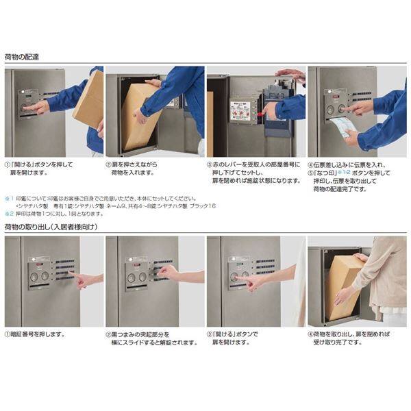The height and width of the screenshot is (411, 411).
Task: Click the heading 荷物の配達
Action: pos(21,57)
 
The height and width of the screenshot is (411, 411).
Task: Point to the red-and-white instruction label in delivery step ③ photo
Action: pos(242,112)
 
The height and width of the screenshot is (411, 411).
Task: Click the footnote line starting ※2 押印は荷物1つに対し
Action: pos(55,213)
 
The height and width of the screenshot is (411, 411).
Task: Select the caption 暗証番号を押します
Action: pos(38,334)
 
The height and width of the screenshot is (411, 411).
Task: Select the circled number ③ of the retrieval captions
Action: pos(210,334)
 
